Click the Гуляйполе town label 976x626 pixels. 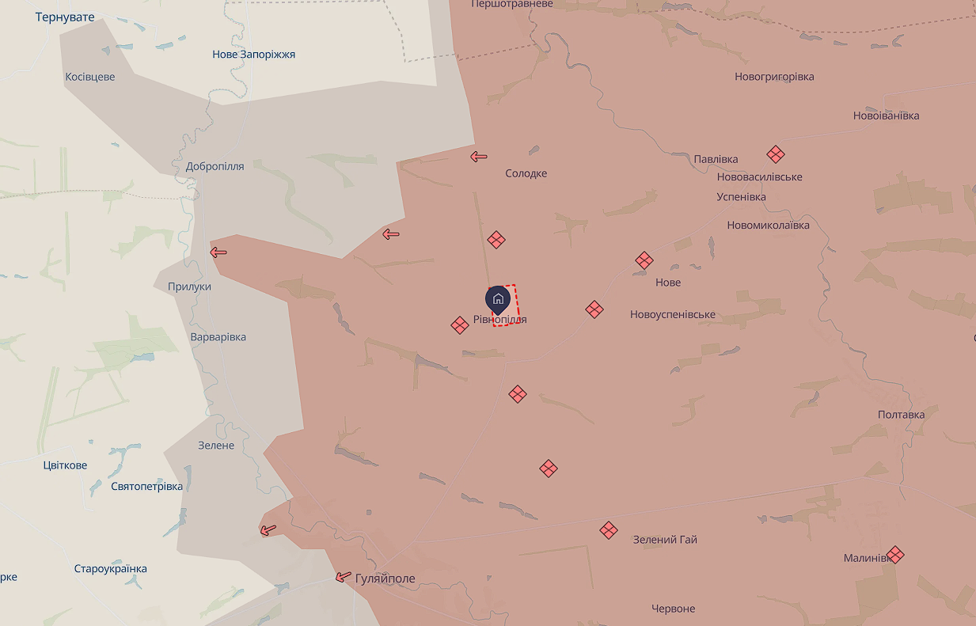coord(385,579)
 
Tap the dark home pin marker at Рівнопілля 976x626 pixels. coord(498,299)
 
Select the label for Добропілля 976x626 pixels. coord(215,166)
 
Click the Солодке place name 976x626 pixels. coord(526,173)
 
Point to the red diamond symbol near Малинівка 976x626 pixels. coord(895,555)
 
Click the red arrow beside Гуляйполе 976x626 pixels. coord(343,578)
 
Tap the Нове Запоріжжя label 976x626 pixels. coord(253,55)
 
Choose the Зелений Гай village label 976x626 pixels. coord(665,540)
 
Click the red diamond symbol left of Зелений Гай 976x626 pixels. coord(608,530)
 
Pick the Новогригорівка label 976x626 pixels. coord(774,77)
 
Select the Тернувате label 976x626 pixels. coord(65,17)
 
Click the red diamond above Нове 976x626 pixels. coord(644,260)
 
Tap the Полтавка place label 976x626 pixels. coord(901,415)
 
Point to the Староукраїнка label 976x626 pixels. coord(110,568)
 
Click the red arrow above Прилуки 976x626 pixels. coord(218,252)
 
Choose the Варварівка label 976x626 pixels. coord(218,337)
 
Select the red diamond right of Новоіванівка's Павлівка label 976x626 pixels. coord(776,154)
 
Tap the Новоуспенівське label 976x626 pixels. coord(672,314)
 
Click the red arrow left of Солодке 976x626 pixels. coord(478,157)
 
